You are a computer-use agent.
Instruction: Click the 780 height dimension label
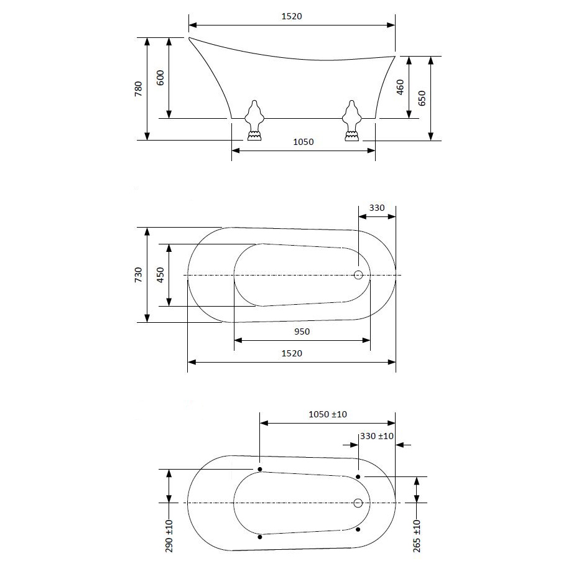point(138,89)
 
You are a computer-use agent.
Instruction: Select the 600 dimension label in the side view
point(160,78)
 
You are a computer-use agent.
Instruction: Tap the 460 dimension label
point(400,87)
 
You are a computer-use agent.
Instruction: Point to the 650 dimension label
point(422,98)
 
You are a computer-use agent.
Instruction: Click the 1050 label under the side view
point(304,142)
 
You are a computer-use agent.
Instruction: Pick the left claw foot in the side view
point(254,120)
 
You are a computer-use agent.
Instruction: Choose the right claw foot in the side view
point(351,120)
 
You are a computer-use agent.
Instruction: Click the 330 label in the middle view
point(377,208)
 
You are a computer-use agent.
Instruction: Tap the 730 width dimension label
point(138,275)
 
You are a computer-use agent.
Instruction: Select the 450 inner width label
point(160,275)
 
